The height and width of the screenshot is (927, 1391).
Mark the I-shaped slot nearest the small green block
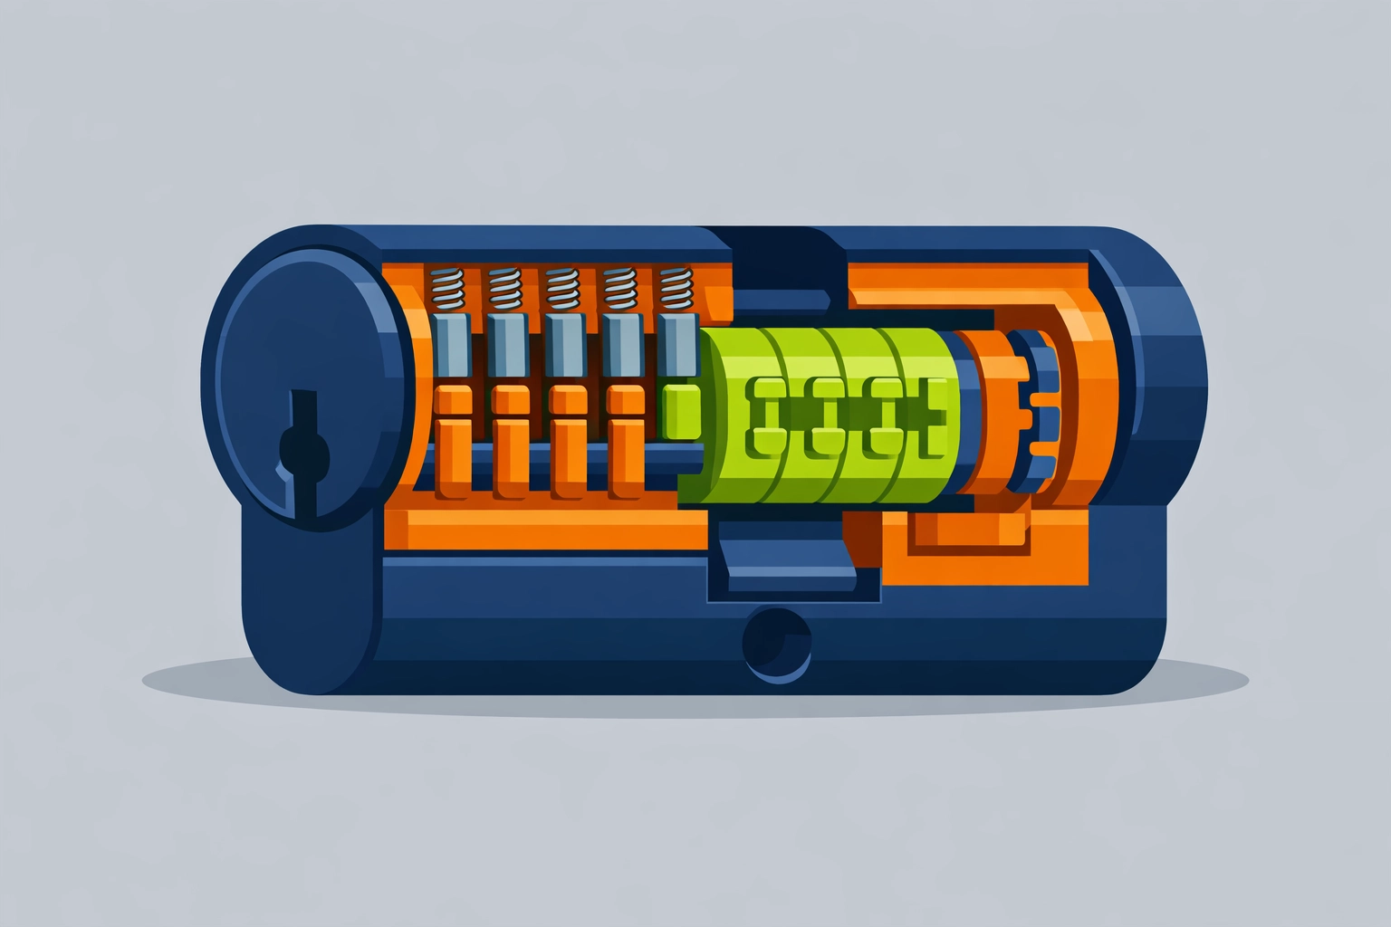point(766,416)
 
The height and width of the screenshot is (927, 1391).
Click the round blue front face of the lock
point(299,380)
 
